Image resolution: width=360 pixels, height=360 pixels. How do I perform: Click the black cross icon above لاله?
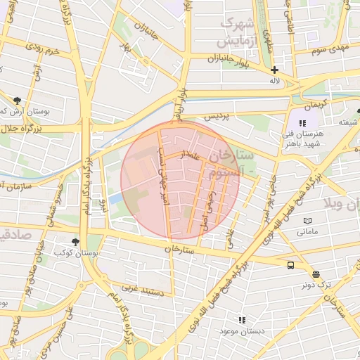pos(274,70)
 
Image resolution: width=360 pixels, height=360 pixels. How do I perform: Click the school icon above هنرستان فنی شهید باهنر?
pos(302,123)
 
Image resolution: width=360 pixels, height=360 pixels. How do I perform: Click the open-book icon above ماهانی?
pos(307,221)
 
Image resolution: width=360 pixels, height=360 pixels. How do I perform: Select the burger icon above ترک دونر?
pos(316,274)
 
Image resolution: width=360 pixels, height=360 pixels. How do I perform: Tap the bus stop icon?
pos(291,264)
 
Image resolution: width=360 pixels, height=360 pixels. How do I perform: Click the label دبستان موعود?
pos(242,330)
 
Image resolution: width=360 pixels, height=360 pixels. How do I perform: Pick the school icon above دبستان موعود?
pos(242,320)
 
